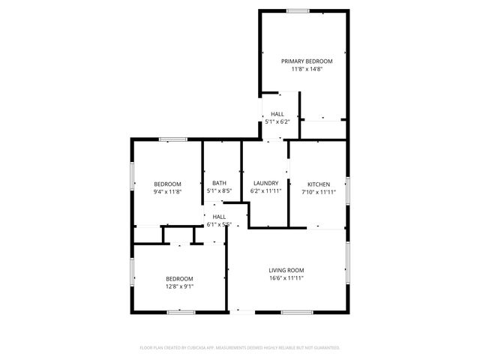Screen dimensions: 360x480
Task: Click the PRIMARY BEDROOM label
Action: click(307, 61)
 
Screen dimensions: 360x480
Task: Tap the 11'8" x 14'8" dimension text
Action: click(307, 69)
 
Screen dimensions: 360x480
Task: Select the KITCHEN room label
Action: click(319, 184)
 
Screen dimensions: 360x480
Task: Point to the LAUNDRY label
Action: click(265, 183)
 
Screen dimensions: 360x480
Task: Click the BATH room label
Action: click(219, 183)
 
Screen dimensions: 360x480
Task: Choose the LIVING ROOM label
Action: click(286, 270)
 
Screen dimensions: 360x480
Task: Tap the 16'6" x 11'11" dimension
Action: click(286, 278)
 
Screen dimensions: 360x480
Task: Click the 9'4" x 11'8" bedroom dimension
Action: click(167, 192)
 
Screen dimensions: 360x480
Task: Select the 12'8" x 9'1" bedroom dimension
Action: click(179, 286)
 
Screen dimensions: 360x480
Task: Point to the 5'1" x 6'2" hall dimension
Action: click(277, 121)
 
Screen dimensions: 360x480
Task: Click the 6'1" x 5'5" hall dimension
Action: click(219, 224)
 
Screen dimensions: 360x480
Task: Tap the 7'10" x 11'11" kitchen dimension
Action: click(319, 192)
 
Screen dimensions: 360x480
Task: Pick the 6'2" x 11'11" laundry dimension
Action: click(265, 191)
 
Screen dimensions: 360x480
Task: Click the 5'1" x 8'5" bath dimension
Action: click(219, 191)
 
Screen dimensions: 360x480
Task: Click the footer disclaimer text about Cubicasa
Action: click(240, 348)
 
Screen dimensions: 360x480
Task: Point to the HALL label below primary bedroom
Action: click(277, 113)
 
